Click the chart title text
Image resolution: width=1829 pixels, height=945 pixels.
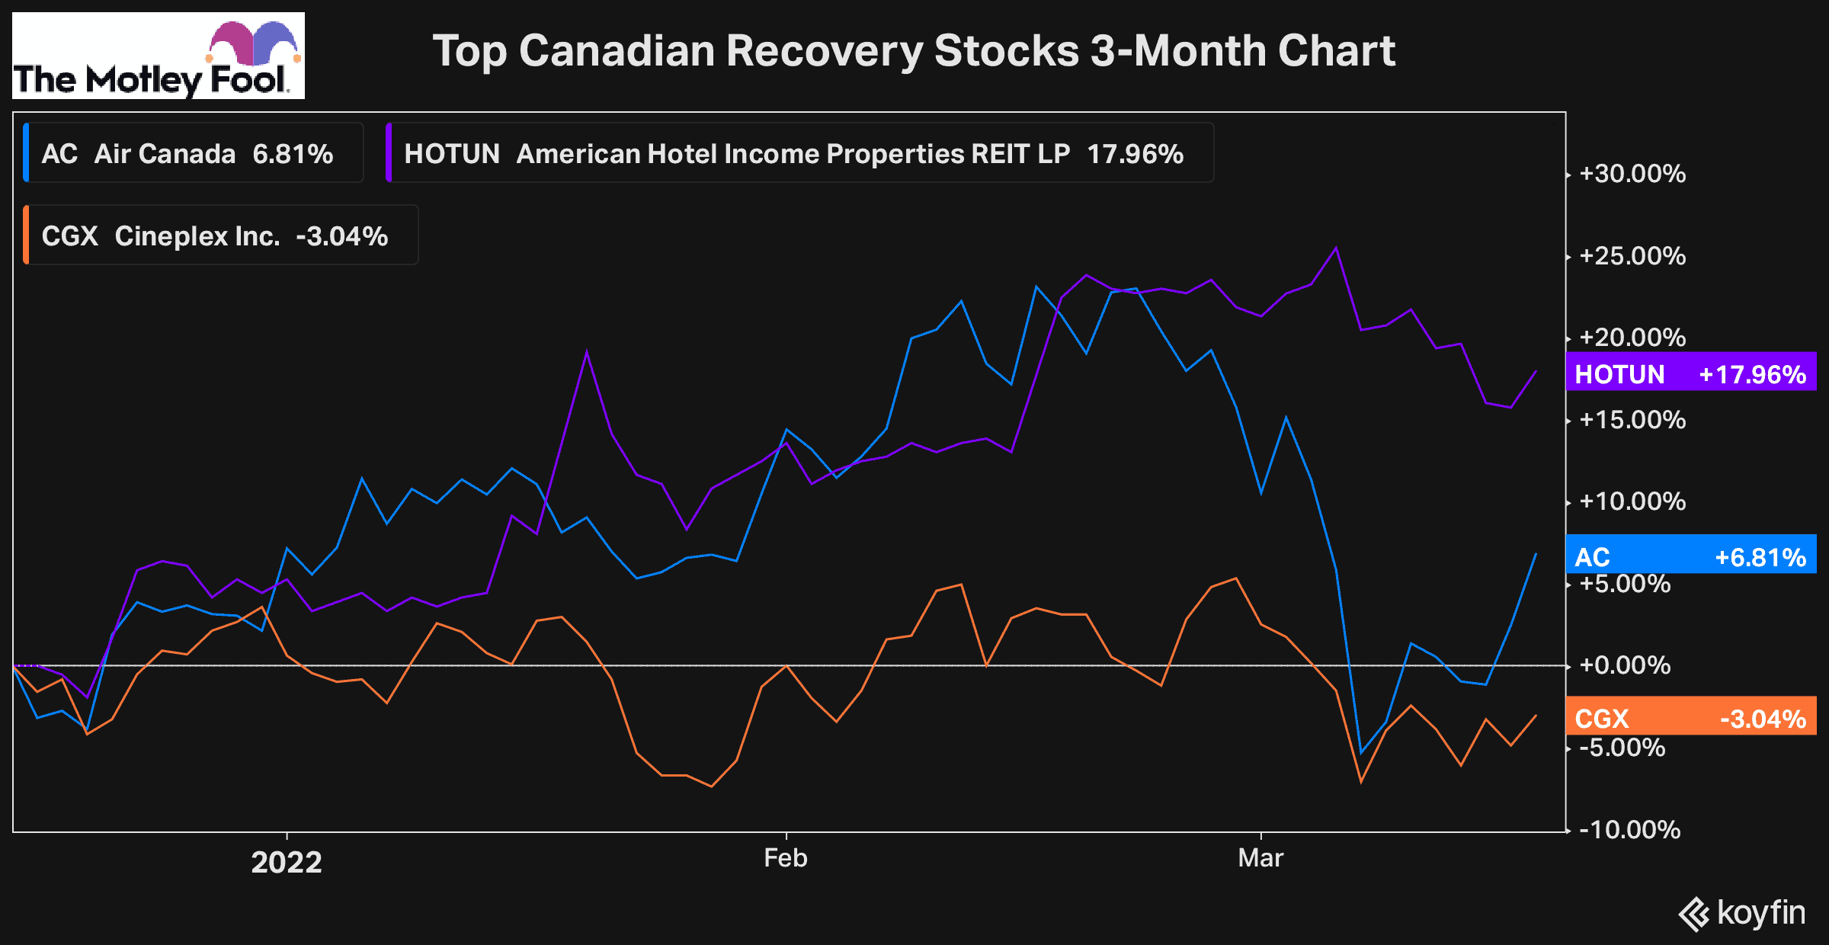[x=913, y=51]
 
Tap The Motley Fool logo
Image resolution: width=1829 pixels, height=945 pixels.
[x=159, y=56]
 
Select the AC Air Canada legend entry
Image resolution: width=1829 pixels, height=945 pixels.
[x=187, y=154]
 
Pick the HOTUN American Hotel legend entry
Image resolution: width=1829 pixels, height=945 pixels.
[x=793, y=154]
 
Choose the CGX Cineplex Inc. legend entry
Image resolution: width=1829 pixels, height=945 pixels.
[x=215, y=236]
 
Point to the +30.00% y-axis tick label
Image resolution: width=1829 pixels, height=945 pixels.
[x=1632, y=174]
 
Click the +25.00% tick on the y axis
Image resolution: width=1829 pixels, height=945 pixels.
[x=1632, y=256]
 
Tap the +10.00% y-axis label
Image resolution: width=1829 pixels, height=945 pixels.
[x=1632, y=501]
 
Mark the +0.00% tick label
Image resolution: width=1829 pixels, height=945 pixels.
[x=1624, y=665]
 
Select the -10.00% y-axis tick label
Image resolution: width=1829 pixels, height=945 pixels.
[x=1629, y=829]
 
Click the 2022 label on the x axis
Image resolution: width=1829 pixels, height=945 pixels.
[x=287, y=862]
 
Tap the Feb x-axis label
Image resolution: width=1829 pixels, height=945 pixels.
[x=786, y=858]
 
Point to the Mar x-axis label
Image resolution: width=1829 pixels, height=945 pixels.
[x=1260, y=858]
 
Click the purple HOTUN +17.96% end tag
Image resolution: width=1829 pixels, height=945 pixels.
[x=1690, y=374]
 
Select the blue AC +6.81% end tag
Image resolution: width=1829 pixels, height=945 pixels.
[x=1690, y=557]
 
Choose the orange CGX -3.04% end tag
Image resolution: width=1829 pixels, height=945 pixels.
[x=1690, y=718]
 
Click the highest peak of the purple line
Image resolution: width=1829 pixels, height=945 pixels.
[x=1336, y=248]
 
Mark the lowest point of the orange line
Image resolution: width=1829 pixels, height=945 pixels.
[x=711, y=786]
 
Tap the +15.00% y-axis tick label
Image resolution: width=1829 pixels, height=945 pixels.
[x=1632, y=420]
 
